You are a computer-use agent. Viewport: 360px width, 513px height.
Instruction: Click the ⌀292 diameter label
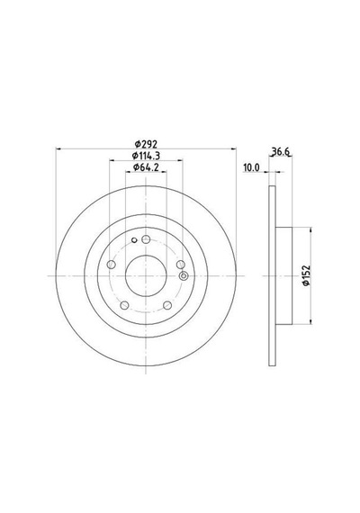point(147,144)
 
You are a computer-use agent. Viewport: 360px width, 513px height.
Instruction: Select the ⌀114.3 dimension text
point(146,156)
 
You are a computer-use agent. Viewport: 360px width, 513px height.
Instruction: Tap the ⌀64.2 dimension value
point(146,167)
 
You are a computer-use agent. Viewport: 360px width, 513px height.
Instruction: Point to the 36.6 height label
point(281,151)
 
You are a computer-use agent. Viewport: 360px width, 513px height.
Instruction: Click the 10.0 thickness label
point(251,167)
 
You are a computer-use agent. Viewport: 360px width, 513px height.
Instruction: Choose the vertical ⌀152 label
point(306,275)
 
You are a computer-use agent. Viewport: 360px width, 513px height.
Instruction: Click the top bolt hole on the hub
point(146,239)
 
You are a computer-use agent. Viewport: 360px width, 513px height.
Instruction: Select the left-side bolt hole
point(112,265)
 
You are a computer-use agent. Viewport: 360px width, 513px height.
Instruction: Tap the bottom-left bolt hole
point(124,305)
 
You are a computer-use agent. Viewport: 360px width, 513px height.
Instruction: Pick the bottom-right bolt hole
point(167,305)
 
